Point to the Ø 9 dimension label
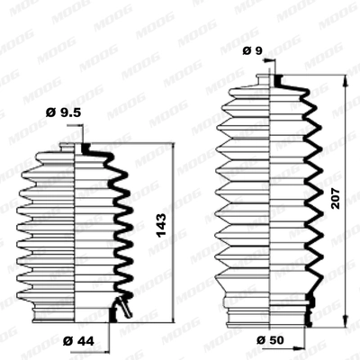click(x=252, y=50)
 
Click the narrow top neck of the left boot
click(x=74, y=147)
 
